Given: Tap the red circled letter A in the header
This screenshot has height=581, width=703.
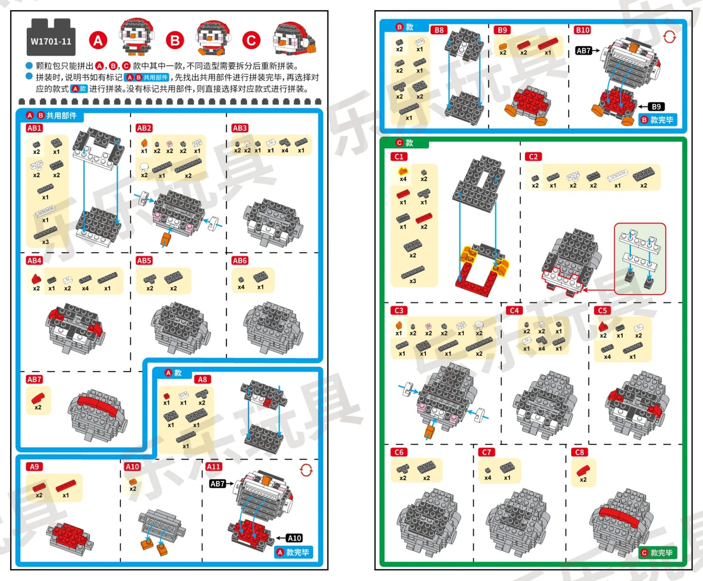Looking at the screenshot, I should click(x=98, y=40).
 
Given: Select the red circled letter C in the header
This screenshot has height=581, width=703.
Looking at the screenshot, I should click(x=251, y=40).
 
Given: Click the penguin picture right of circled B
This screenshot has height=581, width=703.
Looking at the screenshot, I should click(x=212, y=37).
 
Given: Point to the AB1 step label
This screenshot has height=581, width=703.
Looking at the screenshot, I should click(x=34, y=128).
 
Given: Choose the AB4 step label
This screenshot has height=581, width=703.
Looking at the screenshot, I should click(x=34, y=261).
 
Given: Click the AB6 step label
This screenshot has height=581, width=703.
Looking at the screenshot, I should click(x=239, y=261).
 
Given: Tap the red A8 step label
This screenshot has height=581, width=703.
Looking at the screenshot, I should click(x=202, y=379).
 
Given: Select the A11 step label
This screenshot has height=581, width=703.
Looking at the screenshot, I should click(x=213, y=467).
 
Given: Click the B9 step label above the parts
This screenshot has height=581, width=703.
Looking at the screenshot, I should click(x=502, y=30).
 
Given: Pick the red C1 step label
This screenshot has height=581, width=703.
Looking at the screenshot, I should click(x=399, y=156).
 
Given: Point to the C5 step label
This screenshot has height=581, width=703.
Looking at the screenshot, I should click(x=602, y=310).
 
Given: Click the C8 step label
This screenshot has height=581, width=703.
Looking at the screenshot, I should click(x=579, y=452).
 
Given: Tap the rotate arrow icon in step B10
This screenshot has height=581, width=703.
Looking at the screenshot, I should click(x=669, y=37).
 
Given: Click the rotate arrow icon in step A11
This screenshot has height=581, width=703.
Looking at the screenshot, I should click(x=306, y=470).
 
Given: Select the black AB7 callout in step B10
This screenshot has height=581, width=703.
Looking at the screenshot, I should click(x=583, y=50).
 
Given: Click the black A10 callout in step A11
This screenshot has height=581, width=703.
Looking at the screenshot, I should click(x=294, y=538).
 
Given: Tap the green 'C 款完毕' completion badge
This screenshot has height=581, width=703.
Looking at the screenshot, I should click(x=658, y=553).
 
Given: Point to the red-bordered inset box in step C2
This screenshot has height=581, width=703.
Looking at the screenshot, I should click(x=639, y=259).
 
